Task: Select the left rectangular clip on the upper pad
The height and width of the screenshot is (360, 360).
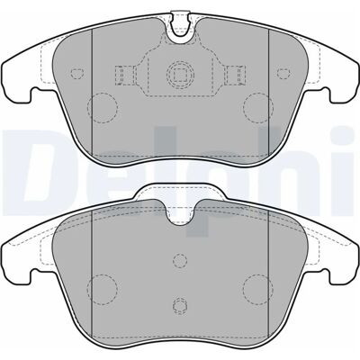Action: coord(124,75)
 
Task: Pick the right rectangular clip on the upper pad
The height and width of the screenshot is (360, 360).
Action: coord(236,75)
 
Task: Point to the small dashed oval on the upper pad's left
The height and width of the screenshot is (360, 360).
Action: coord(77,73)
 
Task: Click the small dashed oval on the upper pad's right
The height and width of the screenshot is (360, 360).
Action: coord(283,73)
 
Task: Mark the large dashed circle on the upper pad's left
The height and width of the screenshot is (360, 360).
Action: coord(103,107)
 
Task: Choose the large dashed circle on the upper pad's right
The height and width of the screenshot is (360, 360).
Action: coord(258,107)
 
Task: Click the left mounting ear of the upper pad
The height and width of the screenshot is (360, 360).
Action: coord(18,80)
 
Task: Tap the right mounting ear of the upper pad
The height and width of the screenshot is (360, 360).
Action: coord(342,80)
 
